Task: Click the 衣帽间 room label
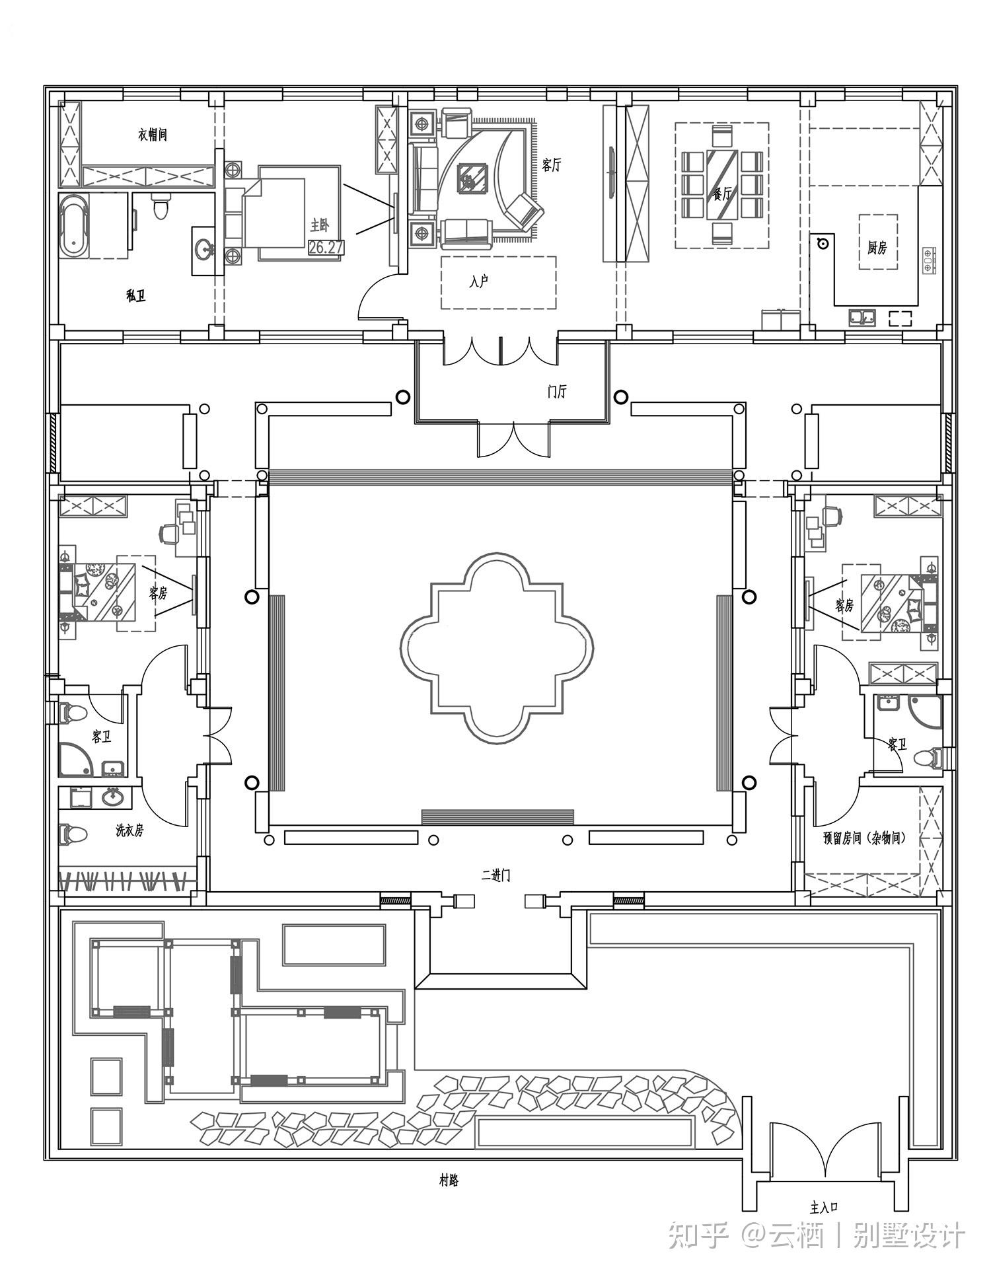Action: coord(153,135)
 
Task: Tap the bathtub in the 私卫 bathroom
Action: coord(73,226)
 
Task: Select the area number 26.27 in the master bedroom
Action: coord(326,248)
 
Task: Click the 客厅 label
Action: coord(551,164)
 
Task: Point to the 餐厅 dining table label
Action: coord(722,194)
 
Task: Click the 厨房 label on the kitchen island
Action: coord(877,248)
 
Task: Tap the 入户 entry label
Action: coord(479,282)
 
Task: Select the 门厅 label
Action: coord(557,391)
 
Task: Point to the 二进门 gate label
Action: coord(495,876)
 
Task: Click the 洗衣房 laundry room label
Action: coord(129,831)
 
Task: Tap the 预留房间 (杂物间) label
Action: coord(864,838)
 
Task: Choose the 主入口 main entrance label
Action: coord(824,1208)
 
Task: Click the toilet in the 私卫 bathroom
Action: coord(161,207)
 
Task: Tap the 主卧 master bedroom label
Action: coord(319,226)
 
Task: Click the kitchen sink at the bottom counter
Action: coord(862,317)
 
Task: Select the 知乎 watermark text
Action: coord(698,1236)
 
